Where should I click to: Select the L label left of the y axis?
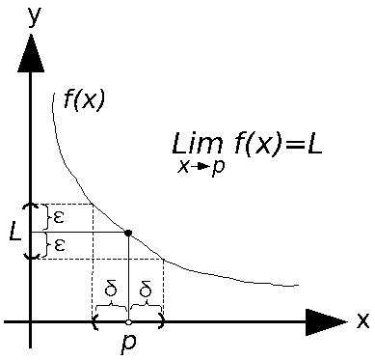[13, 233]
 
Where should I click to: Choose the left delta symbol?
[111, 289]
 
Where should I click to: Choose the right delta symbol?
[146, 289]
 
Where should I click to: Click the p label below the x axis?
[128, 344]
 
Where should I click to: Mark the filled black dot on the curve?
[128, 232]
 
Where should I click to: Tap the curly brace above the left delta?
[111, 305]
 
